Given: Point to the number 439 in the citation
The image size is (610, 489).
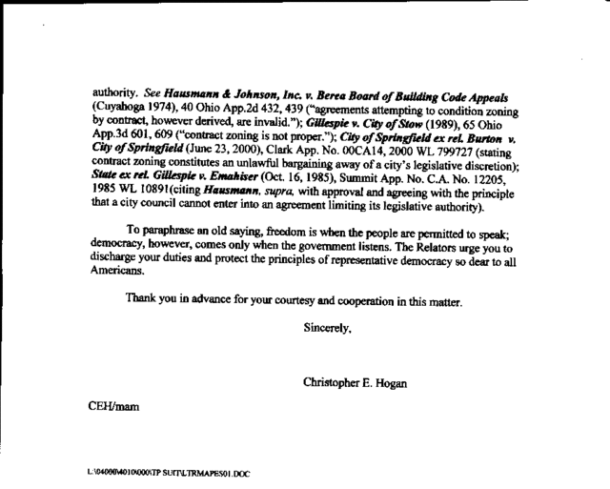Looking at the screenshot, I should point(291,111).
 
